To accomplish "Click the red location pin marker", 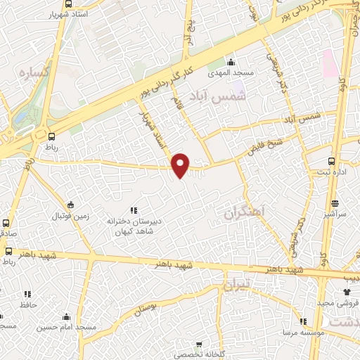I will click(181, 165).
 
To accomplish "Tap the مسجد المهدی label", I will click(226, 72).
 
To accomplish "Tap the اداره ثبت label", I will click(328, 172).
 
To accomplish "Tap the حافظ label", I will click(27, 304).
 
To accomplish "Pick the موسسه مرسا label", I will click(303, 333).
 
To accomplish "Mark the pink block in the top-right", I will click(329, 63).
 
